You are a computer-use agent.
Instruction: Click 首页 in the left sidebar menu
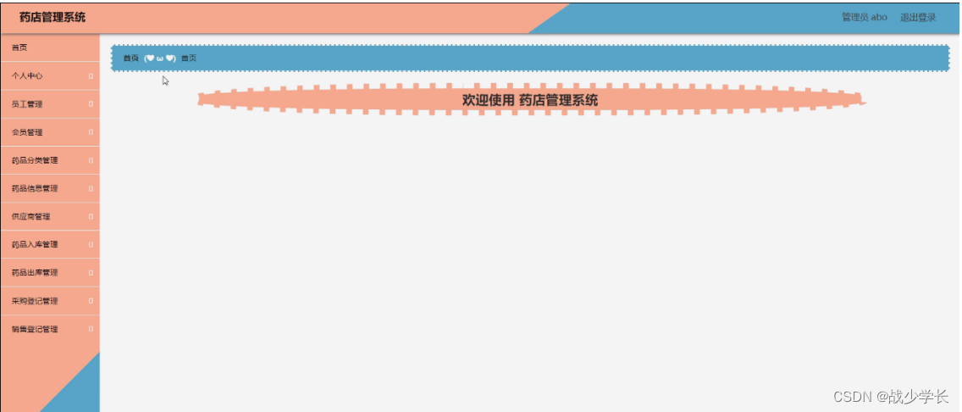coord(19,47)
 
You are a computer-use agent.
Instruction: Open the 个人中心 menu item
coord(27,76)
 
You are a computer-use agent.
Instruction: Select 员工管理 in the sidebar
coord(27,104)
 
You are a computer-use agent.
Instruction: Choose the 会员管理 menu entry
coord(27,132)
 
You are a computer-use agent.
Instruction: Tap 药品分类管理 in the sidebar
coord(35,160)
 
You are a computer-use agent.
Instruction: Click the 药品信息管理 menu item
coord(35,188)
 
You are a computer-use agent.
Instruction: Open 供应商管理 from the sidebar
coord(31,216)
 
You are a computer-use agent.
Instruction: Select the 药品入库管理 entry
coord(35,244)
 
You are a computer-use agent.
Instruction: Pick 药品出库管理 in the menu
coord(35,273)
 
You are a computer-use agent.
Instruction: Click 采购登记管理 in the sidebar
coord(35,301)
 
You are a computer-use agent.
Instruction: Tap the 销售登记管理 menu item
coord(35,329)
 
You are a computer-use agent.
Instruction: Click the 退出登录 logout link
coord(918,17)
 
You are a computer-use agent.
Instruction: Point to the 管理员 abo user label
coord(864,17)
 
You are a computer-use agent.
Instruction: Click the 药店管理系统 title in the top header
coord(53,17)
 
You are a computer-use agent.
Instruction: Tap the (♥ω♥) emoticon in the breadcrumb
coord(159,58)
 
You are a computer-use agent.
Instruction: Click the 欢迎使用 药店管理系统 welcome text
coord(530,100)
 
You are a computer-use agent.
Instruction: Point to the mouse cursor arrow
coord(165,81)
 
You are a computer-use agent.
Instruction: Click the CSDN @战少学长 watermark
coord(891,396)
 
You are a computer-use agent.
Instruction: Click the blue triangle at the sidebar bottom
coord(80,390)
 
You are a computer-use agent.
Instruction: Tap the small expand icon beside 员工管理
coord(91,104)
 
